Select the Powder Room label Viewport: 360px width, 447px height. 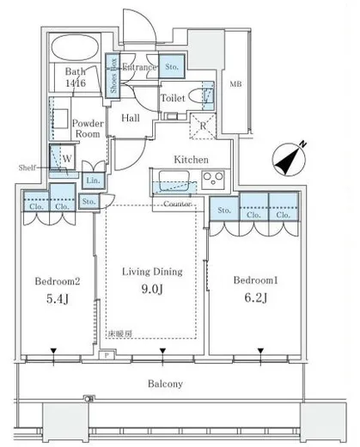[x=87, y=128]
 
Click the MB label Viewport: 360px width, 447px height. [x=235, y=83]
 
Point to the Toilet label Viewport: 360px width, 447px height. [x=173, y=98]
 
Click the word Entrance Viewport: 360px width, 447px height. [x=138, y=67]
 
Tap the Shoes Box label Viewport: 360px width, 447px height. [x=111, y=67]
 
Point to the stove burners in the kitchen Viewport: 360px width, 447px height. [x=212, y=178]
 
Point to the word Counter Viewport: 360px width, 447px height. [x=176, y=204]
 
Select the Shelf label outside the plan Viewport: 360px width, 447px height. [x=28, y=167]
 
